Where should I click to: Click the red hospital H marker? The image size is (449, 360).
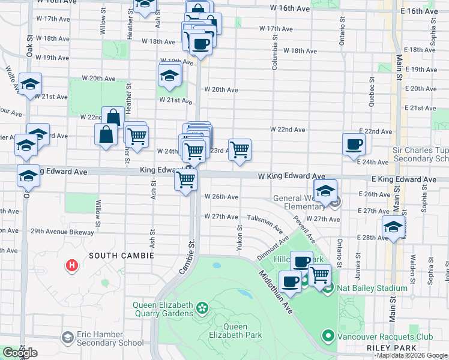pyautogui.click(x=72, y=265)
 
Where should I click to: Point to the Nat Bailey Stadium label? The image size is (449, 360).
pyautogui.click(x=372, y=289)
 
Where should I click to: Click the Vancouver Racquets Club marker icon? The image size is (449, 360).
pyautogui.click(x=328, y=335)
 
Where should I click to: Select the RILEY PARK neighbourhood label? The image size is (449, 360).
pyautogui.click(x=390, y=348)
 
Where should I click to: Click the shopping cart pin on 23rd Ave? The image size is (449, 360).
pyautogui.click(x=240, y=149)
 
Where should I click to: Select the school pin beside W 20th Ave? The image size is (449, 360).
pyautogui.click(x=170, y=76)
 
